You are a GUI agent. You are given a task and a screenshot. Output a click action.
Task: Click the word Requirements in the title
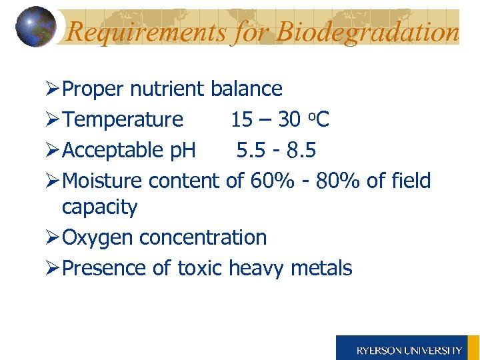pos(147,32)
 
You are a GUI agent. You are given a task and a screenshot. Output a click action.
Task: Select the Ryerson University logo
pos(408,349)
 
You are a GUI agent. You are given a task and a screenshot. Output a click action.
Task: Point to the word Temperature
pos(123,119)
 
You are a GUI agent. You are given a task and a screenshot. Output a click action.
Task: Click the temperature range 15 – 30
pos(265,119)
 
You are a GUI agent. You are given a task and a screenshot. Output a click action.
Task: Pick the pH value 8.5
pos(301,151)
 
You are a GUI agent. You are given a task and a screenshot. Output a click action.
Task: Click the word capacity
pos(99,208)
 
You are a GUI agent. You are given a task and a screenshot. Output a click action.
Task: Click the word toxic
pos(200,268)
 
